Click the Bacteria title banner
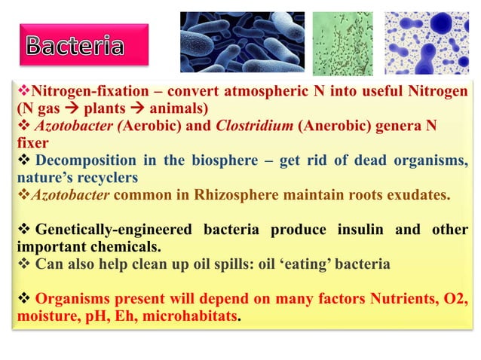pos(75,45)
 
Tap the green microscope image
pos(342,42)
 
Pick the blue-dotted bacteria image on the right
pos(427,42)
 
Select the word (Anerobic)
pos(332,126)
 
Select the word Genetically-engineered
pos(106,230)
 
